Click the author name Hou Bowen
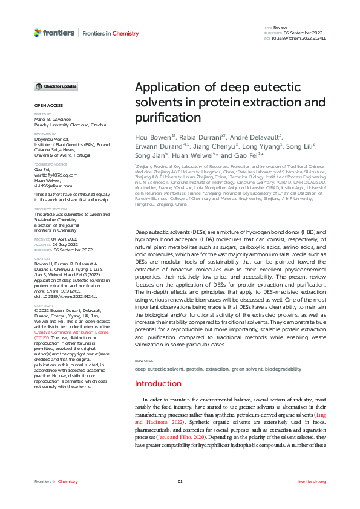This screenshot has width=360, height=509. point(152,137)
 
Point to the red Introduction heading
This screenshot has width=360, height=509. point(157,366)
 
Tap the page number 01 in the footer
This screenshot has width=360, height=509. point(180,481)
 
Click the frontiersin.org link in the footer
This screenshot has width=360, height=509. point(312,481)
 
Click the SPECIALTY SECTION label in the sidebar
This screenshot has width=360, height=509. point(50,192)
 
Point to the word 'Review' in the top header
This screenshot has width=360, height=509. point(281,28)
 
